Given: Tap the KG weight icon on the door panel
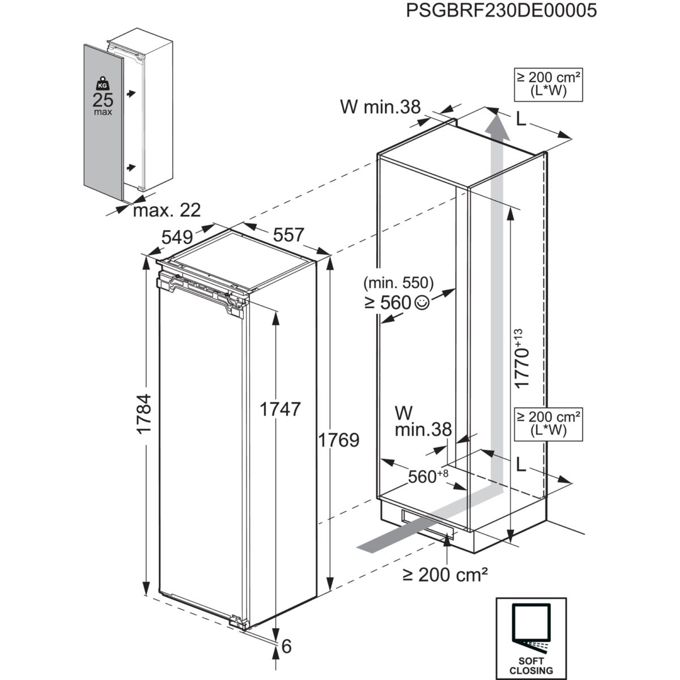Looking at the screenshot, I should (103, 83).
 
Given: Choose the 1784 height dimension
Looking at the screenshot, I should (144, 414).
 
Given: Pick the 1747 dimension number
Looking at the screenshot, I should (279, 409).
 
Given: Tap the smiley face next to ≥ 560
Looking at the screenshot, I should (422, 303).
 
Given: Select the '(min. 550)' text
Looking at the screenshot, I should (398, 282).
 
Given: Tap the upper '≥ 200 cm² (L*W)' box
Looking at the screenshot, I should (548, 84).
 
